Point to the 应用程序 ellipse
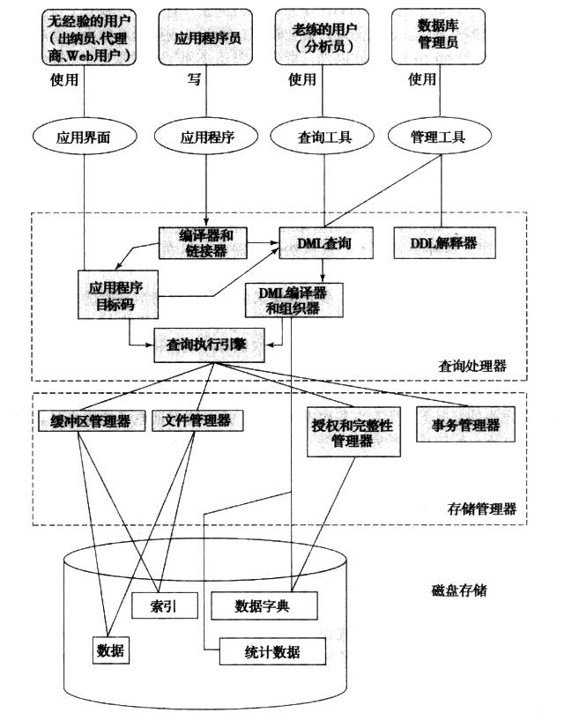point(205,137)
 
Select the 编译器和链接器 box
point(203,244)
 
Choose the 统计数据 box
point(271,652)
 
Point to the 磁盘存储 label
point(455,590)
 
